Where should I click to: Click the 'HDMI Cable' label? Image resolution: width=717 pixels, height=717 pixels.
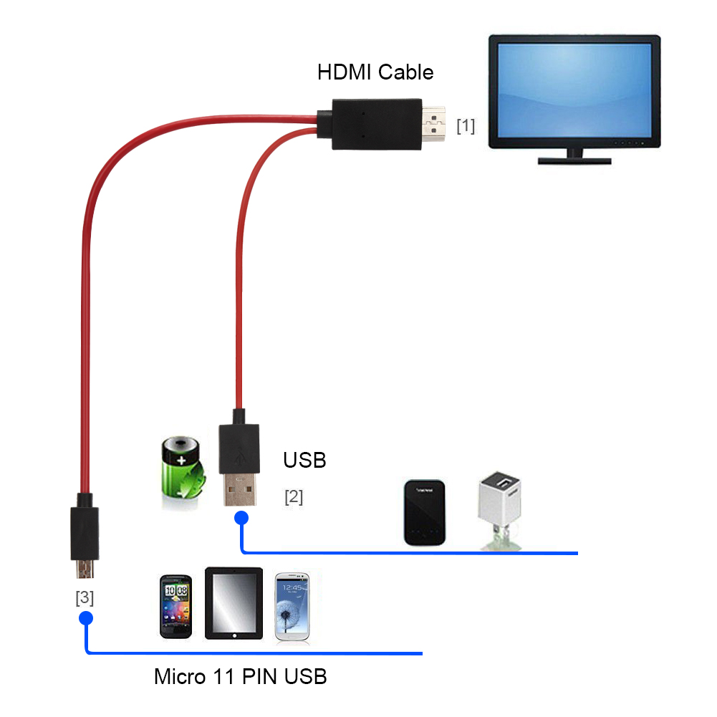click(375, 72)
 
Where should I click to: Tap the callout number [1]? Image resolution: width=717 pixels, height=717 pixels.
click(466, 126)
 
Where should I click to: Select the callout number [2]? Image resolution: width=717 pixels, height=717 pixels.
click(294, 496)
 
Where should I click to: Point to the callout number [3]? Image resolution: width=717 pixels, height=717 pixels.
click(85, 597)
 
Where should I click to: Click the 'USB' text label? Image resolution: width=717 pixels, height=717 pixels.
click(304, 460)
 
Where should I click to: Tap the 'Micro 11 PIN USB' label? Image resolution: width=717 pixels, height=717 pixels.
click(241, 675)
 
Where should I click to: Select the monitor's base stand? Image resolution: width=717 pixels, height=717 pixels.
click(574, 159)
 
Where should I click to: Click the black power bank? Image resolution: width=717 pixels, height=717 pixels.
click(425, 512)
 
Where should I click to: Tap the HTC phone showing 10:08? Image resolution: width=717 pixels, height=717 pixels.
click(175, 606)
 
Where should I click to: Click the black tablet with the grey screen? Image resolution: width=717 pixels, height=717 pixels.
click(234, 603)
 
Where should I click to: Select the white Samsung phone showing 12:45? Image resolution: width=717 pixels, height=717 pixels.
click(293, 606)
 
